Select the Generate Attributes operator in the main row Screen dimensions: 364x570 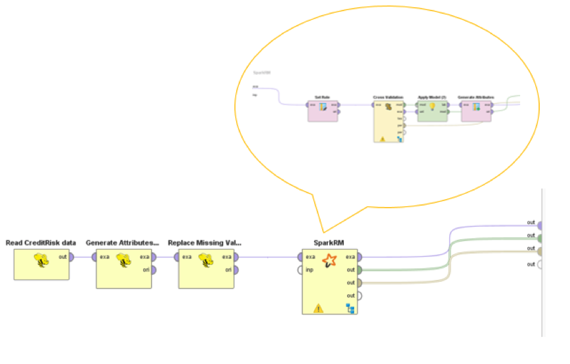tap(123, 269)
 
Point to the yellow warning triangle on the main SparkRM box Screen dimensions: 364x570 tap(318, 307)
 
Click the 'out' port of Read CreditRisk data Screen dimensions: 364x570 tap(71, 257)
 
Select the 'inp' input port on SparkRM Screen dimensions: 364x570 tap(300, 269)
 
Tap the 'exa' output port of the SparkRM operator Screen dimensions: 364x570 tap(360, 257)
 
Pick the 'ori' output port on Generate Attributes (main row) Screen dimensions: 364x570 tap(153, 269)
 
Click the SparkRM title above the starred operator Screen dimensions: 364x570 tap(329, 242)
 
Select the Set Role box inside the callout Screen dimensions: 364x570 tap(323, 110)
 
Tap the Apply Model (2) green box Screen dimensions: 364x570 tap(432, 110)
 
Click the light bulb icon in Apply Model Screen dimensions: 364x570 tap(432, 106)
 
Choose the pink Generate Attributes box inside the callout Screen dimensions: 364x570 tap(476, 110)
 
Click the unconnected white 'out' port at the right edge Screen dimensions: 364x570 tap(540, 265)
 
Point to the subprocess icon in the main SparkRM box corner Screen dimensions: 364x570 tap(351, 308)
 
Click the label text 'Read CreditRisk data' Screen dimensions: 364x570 tap(41, 243)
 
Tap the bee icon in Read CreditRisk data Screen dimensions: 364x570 tap(41, 262)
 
